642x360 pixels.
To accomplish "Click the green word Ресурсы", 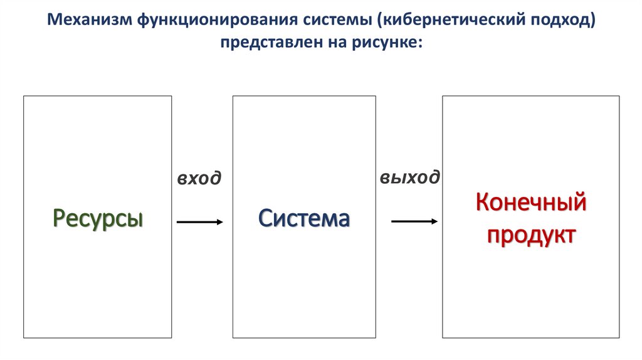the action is pos(98,219).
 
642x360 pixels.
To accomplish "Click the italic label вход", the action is pos(199,179).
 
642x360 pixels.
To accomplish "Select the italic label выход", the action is pos(409,177).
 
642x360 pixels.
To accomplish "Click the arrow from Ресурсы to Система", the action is pos(199,222).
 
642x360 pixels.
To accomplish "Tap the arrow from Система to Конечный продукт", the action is pos(414,221).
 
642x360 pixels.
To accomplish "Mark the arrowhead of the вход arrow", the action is pos(219,222).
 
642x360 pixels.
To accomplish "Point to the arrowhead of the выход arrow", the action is pos(434,221).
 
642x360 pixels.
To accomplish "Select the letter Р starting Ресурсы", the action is pos(59,219).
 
